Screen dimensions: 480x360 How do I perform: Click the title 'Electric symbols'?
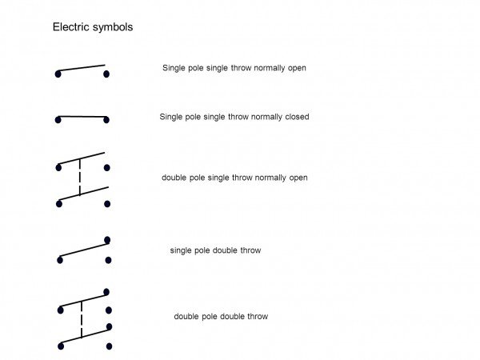click(x=93, y=27)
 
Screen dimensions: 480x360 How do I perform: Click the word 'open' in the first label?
click(x=297, y=68)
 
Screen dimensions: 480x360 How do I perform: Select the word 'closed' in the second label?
click(x=297, y=117)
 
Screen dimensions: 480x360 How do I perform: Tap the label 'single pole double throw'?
click(x=215, y=250)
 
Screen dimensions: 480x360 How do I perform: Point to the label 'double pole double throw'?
click(x=221, y=316)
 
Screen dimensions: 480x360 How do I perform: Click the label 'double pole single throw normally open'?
click(x=234, y=178)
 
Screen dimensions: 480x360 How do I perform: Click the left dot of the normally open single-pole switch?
click(x=58, y=74)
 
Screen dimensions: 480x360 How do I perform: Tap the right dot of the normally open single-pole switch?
click(x=106, y=74)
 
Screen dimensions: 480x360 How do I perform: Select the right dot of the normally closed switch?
click(x=106, y=120)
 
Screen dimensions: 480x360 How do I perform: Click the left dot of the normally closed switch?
click(x=58, y=120)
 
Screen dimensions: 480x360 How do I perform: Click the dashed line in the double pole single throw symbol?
click(x=80, y=177)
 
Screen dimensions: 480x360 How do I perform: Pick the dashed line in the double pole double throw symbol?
click(x=82, y=319)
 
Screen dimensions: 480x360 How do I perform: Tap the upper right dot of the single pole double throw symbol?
click(x=107, y=240)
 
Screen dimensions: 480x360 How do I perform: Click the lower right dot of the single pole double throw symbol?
click(x=108, y=260)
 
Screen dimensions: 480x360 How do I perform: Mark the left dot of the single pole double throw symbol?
click(x=60, y=260)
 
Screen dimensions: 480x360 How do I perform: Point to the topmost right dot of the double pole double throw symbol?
click(x=106, y=292)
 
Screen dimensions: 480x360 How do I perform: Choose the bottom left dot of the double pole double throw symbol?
click(x=61, y=346)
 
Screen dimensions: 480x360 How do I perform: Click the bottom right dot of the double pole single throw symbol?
click(x=107, y=204)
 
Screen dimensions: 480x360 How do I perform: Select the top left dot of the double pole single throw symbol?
click(x=58, y=167)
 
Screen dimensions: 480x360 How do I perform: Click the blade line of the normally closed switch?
click(x=82, y=117)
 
